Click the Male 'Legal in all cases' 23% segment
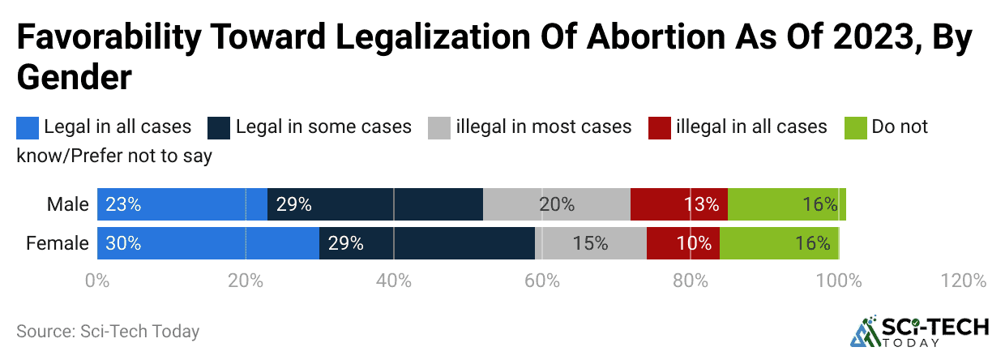[182, 204]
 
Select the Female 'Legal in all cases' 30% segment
[208, 242]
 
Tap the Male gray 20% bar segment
[556, 204]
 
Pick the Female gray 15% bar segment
[591, 242]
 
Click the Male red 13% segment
[678, 204]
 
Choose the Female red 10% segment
[682, 242]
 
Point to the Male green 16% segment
[786, 204]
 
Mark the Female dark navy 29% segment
[426, 242]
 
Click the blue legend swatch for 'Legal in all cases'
[28, 127]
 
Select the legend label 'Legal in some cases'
[323, 127]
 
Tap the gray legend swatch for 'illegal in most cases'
[438, 127]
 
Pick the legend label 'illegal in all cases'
[751, 127]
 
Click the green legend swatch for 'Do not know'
[856, 127]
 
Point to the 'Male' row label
[67, 204]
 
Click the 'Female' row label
[58, 242]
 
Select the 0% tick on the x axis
[97, 281]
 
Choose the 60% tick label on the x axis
[542, 281]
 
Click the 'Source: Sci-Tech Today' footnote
[108, 331]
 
